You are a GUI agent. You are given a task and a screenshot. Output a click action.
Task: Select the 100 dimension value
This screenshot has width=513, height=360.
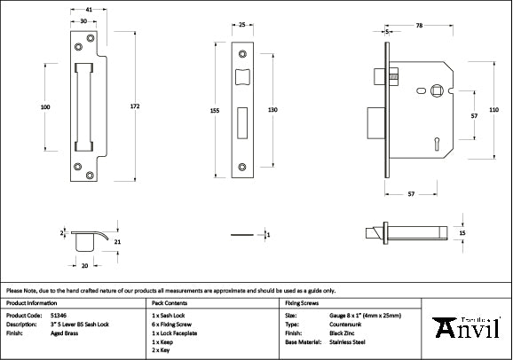tap(45, 107)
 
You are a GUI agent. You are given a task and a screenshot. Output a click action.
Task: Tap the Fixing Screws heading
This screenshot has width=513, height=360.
tap(302, 301)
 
